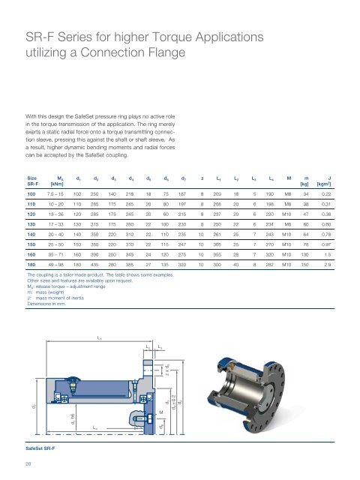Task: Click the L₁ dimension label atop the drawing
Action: click(x=100, y=339)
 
